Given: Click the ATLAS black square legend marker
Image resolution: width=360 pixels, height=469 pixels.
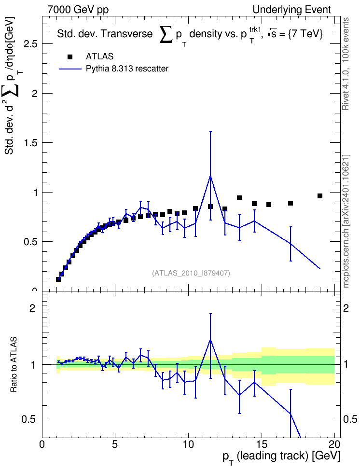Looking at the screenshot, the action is [x=70, y=57].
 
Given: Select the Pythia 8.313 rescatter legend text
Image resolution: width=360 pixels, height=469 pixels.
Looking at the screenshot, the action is [x=127, y=69].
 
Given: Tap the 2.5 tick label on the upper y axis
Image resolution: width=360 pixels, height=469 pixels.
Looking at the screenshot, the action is [x=31, y=44].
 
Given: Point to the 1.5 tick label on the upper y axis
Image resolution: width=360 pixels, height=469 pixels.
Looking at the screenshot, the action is [x=31, y=143].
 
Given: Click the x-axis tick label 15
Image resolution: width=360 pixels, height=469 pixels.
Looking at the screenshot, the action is [x=262, y=444].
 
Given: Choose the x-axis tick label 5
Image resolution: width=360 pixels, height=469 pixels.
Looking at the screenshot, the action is [x=115, y=444].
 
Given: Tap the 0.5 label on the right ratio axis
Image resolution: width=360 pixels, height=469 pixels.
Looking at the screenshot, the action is [x=350, y=420].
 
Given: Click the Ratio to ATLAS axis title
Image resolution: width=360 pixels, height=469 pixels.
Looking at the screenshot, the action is [x=14, y=364].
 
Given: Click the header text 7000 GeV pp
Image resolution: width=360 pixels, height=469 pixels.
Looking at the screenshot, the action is [x=78, y=10].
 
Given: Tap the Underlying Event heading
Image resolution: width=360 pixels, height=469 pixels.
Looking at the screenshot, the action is [x=292, y=10].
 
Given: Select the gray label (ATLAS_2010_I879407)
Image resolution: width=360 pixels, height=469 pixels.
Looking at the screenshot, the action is [x=191, y=273].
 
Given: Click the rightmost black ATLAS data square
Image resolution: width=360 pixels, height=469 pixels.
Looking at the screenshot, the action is [x=320, y=196].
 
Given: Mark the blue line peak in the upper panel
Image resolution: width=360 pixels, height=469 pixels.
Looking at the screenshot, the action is [x=210, y=176].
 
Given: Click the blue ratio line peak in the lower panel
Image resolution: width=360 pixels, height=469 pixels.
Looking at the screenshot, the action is [x=210, y=340].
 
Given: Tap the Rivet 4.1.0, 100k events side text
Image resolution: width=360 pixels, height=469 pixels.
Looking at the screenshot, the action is [x=346, y=64].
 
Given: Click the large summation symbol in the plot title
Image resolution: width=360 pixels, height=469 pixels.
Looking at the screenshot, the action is [x=166, y=34].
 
